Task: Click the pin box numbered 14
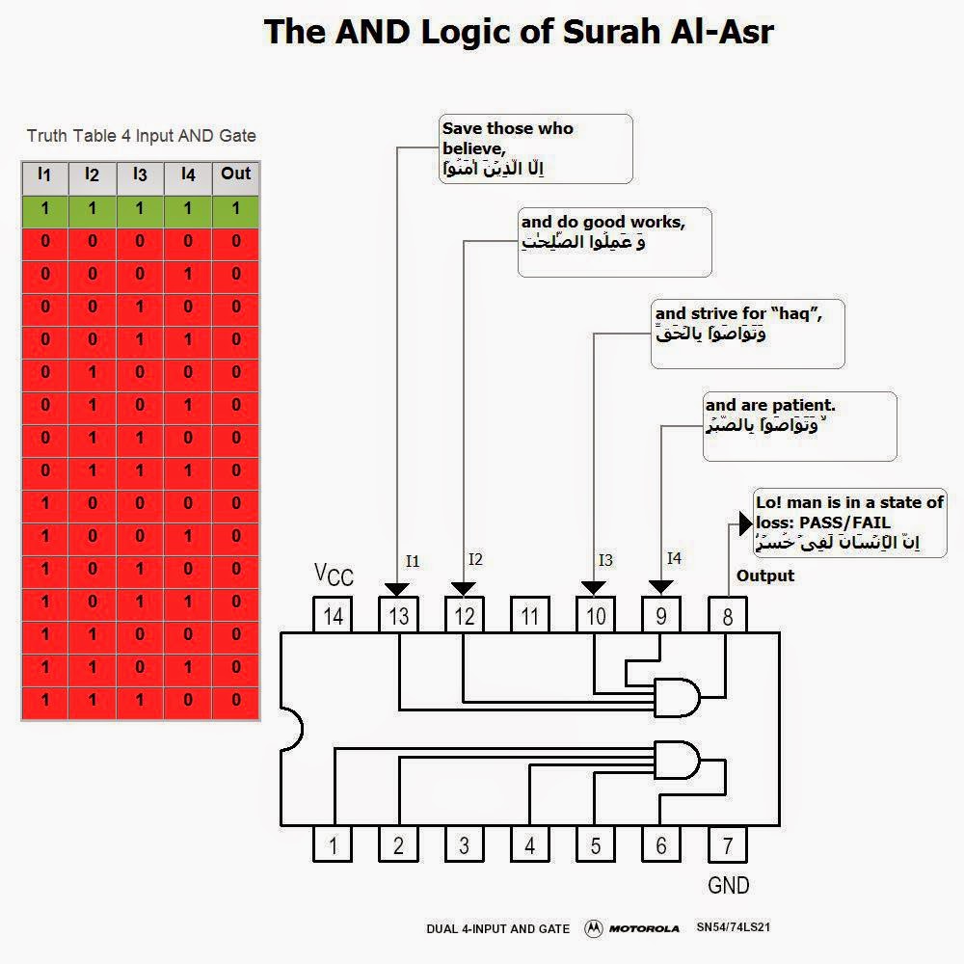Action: (x=334, y=615)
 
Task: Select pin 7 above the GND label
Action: (x=727, y=845)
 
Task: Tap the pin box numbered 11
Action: (x=529, y=615)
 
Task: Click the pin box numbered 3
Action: (x=464, y=845)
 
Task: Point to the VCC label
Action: (x=334, y=575)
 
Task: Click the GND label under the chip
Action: (x=728, y=885)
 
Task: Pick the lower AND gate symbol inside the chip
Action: (x=676, y=760)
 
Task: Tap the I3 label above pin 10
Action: (x=605, y=560)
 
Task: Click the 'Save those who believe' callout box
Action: (x=535, y=148)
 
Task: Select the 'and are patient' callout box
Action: (x=799, y=425)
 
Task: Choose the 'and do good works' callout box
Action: (x=614, y=241)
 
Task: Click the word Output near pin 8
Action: (x=765, y=576)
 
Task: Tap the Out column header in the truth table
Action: (x=235, y=174)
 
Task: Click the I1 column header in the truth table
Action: (x=44, y=174)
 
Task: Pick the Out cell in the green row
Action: (x=235, y=209)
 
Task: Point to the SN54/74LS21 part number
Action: (x=733, y=928)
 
